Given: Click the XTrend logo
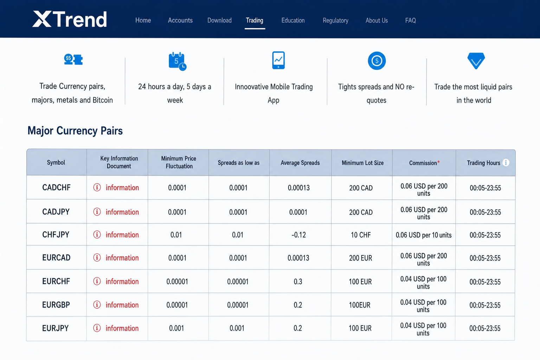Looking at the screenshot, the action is coord(69,19).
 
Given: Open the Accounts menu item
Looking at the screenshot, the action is coord(180,20).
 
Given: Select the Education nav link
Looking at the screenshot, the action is coord(293,20).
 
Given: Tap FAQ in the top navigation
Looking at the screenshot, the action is coord(410,20).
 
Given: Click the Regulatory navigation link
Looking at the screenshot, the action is coord(335,20).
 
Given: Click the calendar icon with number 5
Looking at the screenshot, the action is coord(178,61).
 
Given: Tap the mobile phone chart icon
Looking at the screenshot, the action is coord(278,60).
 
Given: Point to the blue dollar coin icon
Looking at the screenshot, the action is coord(377,61).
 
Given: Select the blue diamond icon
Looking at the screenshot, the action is coord(476,61).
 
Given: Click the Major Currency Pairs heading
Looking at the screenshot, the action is coord(75,131).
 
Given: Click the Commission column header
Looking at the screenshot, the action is coord(424,163).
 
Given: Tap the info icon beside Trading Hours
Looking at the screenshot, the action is coord(506,162).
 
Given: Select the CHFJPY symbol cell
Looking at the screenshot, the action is coord(56,234).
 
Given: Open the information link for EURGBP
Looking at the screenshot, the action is coord(122,305).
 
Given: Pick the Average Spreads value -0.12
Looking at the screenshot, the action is coord(298,234).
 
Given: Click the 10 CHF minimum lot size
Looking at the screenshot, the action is coord(361,234).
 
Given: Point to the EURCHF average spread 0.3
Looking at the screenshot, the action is coord(298,281).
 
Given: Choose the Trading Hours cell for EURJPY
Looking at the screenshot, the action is coord(485,328).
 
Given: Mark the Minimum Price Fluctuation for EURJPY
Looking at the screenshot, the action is coord(176,328).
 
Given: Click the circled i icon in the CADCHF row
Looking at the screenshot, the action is coord(97,187).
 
